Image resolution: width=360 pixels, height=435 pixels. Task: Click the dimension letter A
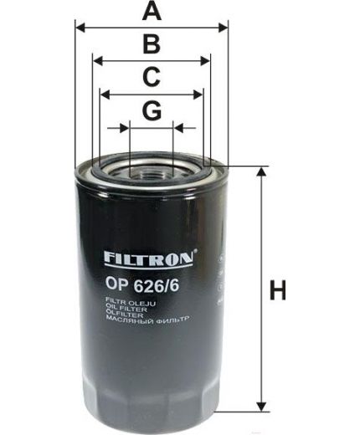click(x=151, y=11)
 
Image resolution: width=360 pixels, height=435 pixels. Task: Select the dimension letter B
click(x=151, y=43)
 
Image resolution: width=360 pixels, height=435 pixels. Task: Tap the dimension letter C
click(x=151, y=77)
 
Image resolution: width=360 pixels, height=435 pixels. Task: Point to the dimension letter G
click(x=151, y=110)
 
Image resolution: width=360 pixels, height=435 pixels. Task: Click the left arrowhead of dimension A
click(x=80, y=28)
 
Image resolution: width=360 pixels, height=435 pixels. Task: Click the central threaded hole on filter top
click(x=152, y=173)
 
